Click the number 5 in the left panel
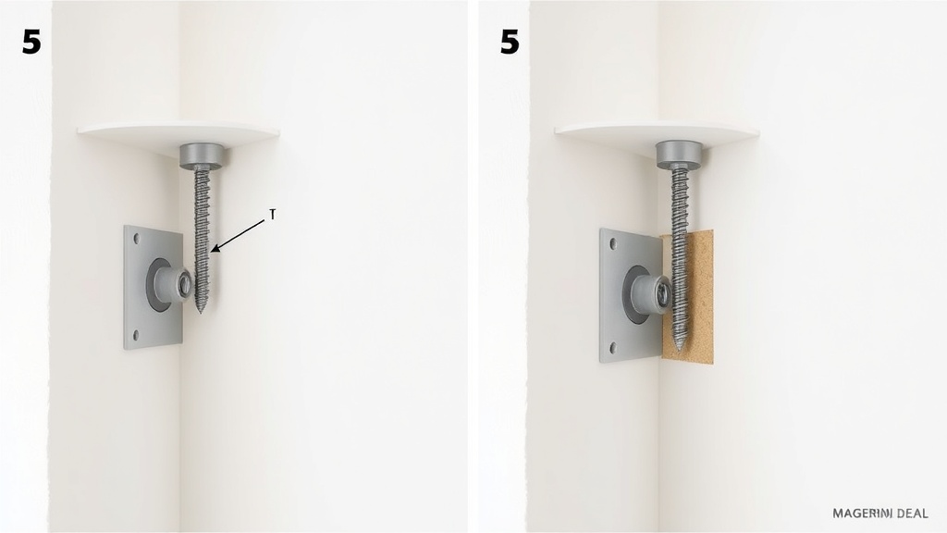(31, 43)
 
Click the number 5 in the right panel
(510, 43)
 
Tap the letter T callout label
(273, 214)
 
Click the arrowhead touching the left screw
(215, 248)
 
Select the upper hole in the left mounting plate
(137, 239)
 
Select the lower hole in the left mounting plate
(137, 334)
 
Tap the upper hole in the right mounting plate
(613, 243)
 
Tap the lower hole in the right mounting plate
(612, 348)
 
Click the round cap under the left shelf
(202, 155)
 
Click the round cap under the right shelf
(680, 155)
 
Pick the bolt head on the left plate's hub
(184, 284)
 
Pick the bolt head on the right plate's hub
(661, 293)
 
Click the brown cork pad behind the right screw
(688, 297)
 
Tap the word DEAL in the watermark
(913, 514)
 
